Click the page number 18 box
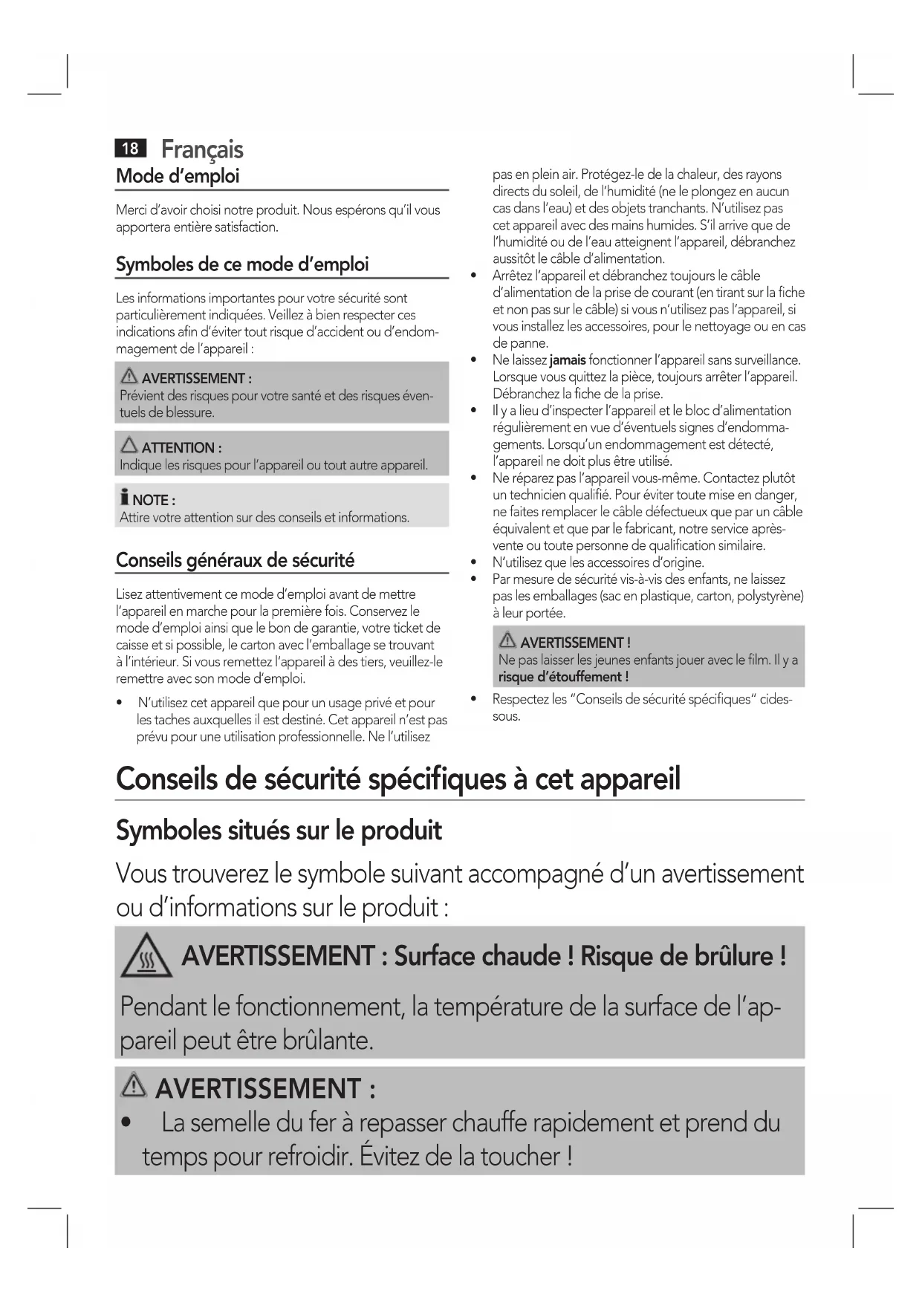130,149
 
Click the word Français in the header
202,149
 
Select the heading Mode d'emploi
178,176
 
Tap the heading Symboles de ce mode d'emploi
242,264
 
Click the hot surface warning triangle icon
146,957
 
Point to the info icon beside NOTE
125,498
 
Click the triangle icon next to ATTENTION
129,446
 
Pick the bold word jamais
568,360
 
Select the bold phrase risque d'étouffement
563,677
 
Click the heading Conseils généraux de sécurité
235,560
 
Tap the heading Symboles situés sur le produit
279,831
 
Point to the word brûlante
328,1040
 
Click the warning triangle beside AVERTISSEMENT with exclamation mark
508,640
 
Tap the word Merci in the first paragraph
131,210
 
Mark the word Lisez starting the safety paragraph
129,594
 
